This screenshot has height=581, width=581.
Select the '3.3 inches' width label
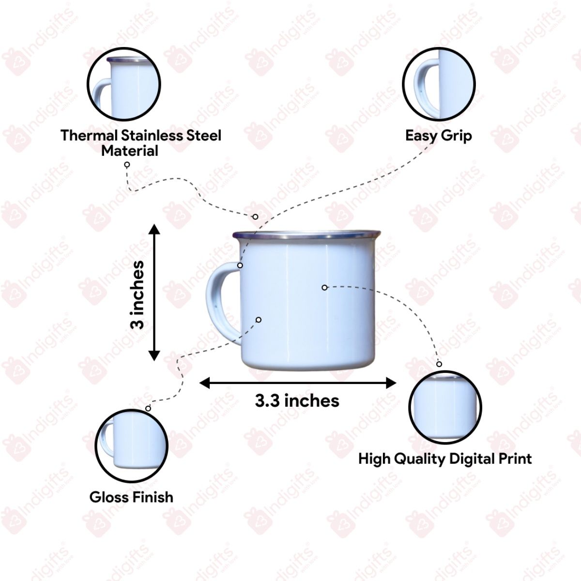pyautogui.click(x=297, y=401)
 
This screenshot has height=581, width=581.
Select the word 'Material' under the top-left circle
pyautogui.click(x=129, y=151)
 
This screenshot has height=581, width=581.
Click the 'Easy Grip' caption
pyautogui.click(x=438, y=135)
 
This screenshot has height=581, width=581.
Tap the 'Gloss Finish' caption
pyautogui.click(x=131, y=497)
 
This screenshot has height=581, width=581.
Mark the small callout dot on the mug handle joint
pyautogui.click(x=240, y=265)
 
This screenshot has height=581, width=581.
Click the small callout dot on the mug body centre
pyautogui.click(x=324, y=288)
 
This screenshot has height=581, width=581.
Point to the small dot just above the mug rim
pyautogui.click(x=255, y=216)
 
